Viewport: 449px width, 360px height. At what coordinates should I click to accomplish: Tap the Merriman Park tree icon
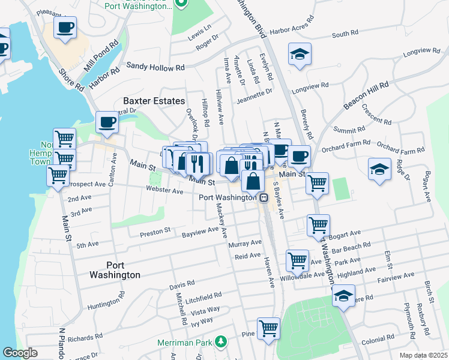pyautogui.click(x=221, y=341)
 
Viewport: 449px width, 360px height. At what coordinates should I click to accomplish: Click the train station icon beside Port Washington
pyautogui.click(x=264, y=197)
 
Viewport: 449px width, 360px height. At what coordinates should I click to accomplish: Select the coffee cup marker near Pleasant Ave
pyautogui.click(x=65, y=27)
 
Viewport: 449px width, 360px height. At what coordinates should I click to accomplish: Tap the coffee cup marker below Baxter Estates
pyautogui.click(x=107, y=122)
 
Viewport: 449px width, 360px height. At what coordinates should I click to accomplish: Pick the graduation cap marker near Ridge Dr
pyautogui.click(x=380, y=169)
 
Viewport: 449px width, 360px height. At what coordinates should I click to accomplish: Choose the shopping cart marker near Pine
pyautogui.click(x=268, y=329)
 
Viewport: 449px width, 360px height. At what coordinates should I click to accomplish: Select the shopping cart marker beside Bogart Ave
pyautogui.click(x=318, y=226)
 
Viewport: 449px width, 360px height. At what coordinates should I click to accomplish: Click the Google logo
pyautogui.click(x=20, y=353)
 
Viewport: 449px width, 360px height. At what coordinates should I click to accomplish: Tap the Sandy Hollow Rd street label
pyautogui.click(x=155, y=67)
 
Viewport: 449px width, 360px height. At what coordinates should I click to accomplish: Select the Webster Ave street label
pyautogui.click(x=164, y=190)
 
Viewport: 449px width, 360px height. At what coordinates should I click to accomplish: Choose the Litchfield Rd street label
pyautogui.click(x=203, y=298)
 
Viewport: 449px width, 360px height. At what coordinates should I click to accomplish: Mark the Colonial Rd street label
pyautogui.click(x=377, y=340)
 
